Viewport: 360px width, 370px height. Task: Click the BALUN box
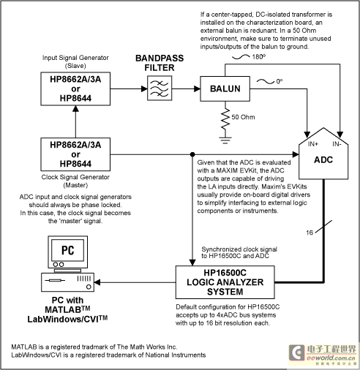[225, 88]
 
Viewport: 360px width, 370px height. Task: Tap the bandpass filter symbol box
[160, 88]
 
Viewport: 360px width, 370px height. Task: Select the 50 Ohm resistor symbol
[225, 119]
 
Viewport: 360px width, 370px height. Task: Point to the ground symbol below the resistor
[225, 140]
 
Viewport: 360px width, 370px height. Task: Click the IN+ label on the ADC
[313, 144]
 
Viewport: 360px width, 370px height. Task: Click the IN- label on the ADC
[337, 144]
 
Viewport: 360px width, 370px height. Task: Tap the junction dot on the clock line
[192, 154]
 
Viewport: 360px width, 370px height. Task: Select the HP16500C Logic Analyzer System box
[225, 282]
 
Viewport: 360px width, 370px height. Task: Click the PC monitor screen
[67, 250]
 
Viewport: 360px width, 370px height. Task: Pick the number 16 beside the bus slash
[310, 233]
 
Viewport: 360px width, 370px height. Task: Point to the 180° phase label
[259, 57]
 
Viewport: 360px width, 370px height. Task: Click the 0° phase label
[280, 81]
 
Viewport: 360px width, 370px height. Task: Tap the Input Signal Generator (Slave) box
[75, 88]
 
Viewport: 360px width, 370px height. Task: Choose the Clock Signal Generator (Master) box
[75, 154]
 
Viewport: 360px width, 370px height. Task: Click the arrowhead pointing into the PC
[97, 282]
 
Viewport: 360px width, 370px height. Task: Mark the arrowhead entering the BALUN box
[197, 88]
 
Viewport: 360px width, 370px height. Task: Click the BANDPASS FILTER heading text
[160, 63]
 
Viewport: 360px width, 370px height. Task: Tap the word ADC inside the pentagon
[323, 160]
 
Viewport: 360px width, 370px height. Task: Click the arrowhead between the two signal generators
[75, 109]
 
